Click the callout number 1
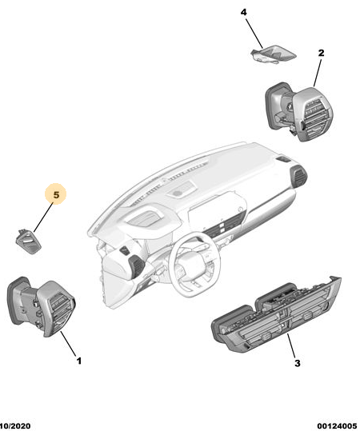[79, 361]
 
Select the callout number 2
[321, 53]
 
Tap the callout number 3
[298, 363]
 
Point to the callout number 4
[244, 12]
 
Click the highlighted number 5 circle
[56, 194]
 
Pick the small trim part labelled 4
[274, 54]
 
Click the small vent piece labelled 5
[28, 241]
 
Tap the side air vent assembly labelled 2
[299, 111]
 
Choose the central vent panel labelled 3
[276, 314]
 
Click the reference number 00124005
[337, 426]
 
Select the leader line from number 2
[318, 71]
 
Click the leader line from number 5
[43, 217]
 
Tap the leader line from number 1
[68, 344]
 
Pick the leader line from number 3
[291, 345]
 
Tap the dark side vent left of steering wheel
[137, 265]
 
